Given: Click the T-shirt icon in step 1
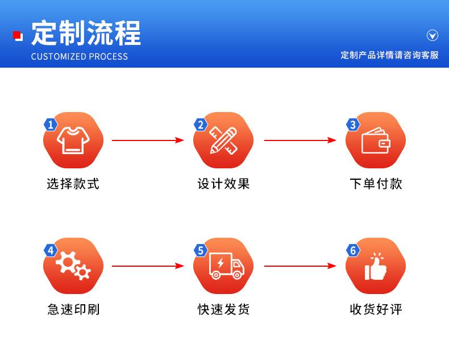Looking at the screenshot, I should [73, 140].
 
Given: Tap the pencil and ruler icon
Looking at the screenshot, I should [223, 140].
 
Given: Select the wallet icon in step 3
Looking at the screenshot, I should [376, 140].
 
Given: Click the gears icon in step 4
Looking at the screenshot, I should [73, 266].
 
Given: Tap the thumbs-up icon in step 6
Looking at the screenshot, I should [376, 266].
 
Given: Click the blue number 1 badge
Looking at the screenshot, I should [51, 125].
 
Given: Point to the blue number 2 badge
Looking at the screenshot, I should [200, 125].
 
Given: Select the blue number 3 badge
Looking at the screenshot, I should [353, 125].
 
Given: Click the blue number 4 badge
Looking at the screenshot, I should [51, 250].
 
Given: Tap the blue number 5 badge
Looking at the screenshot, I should [200, 250].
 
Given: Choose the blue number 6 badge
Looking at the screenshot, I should [353, 250].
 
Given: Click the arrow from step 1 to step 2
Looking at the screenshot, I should [148, 140].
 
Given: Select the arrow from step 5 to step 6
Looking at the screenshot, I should [300, 266].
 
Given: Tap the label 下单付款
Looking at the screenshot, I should [376, 184].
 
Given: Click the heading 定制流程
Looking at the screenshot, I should [86, 33].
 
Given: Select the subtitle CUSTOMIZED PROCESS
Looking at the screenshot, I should [80, 56].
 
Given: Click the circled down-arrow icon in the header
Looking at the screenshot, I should [433, 36].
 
